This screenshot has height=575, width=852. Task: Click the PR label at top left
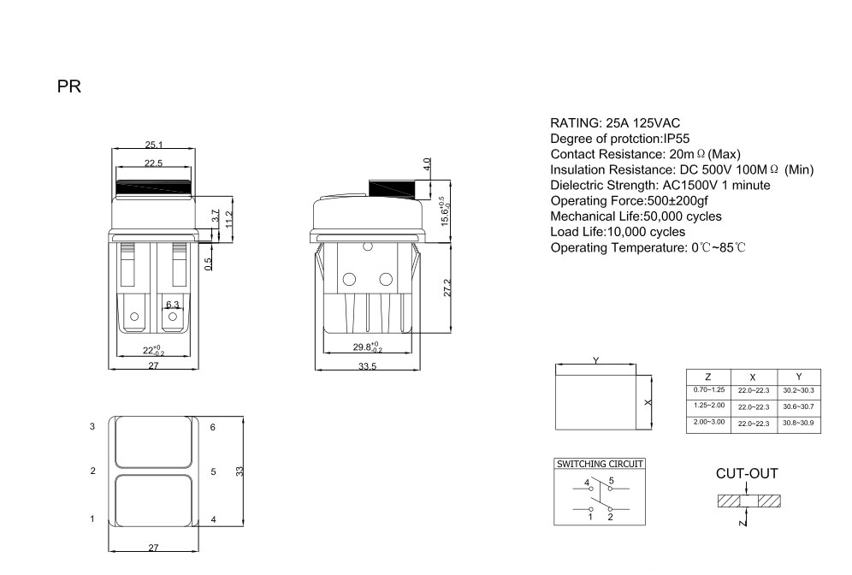click(68, 87)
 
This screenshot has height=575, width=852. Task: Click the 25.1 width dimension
click(154, 145)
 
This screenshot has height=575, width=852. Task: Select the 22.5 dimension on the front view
click(154, 163)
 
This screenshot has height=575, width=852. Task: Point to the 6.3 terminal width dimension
click(172, 305)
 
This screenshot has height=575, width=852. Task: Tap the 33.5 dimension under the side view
click(368, 366)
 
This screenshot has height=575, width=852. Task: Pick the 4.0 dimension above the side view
click(426, 164)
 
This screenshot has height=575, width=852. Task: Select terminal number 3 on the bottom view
click(92, 425)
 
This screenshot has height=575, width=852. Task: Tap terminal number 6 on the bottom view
click(213, 425)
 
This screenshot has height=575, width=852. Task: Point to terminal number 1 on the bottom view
click(92, 519)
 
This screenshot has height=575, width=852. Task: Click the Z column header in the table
click(707, 376)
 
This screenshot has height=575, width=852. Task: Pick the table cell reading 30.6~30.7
click(798, 406)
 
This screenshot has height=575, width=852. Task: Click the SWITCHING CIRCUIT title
click(600, 464)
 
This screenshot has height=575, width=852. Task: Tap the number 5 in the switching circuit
click(612, 482)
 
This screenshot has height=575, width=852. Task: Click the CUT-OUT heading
click(747, 473)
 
